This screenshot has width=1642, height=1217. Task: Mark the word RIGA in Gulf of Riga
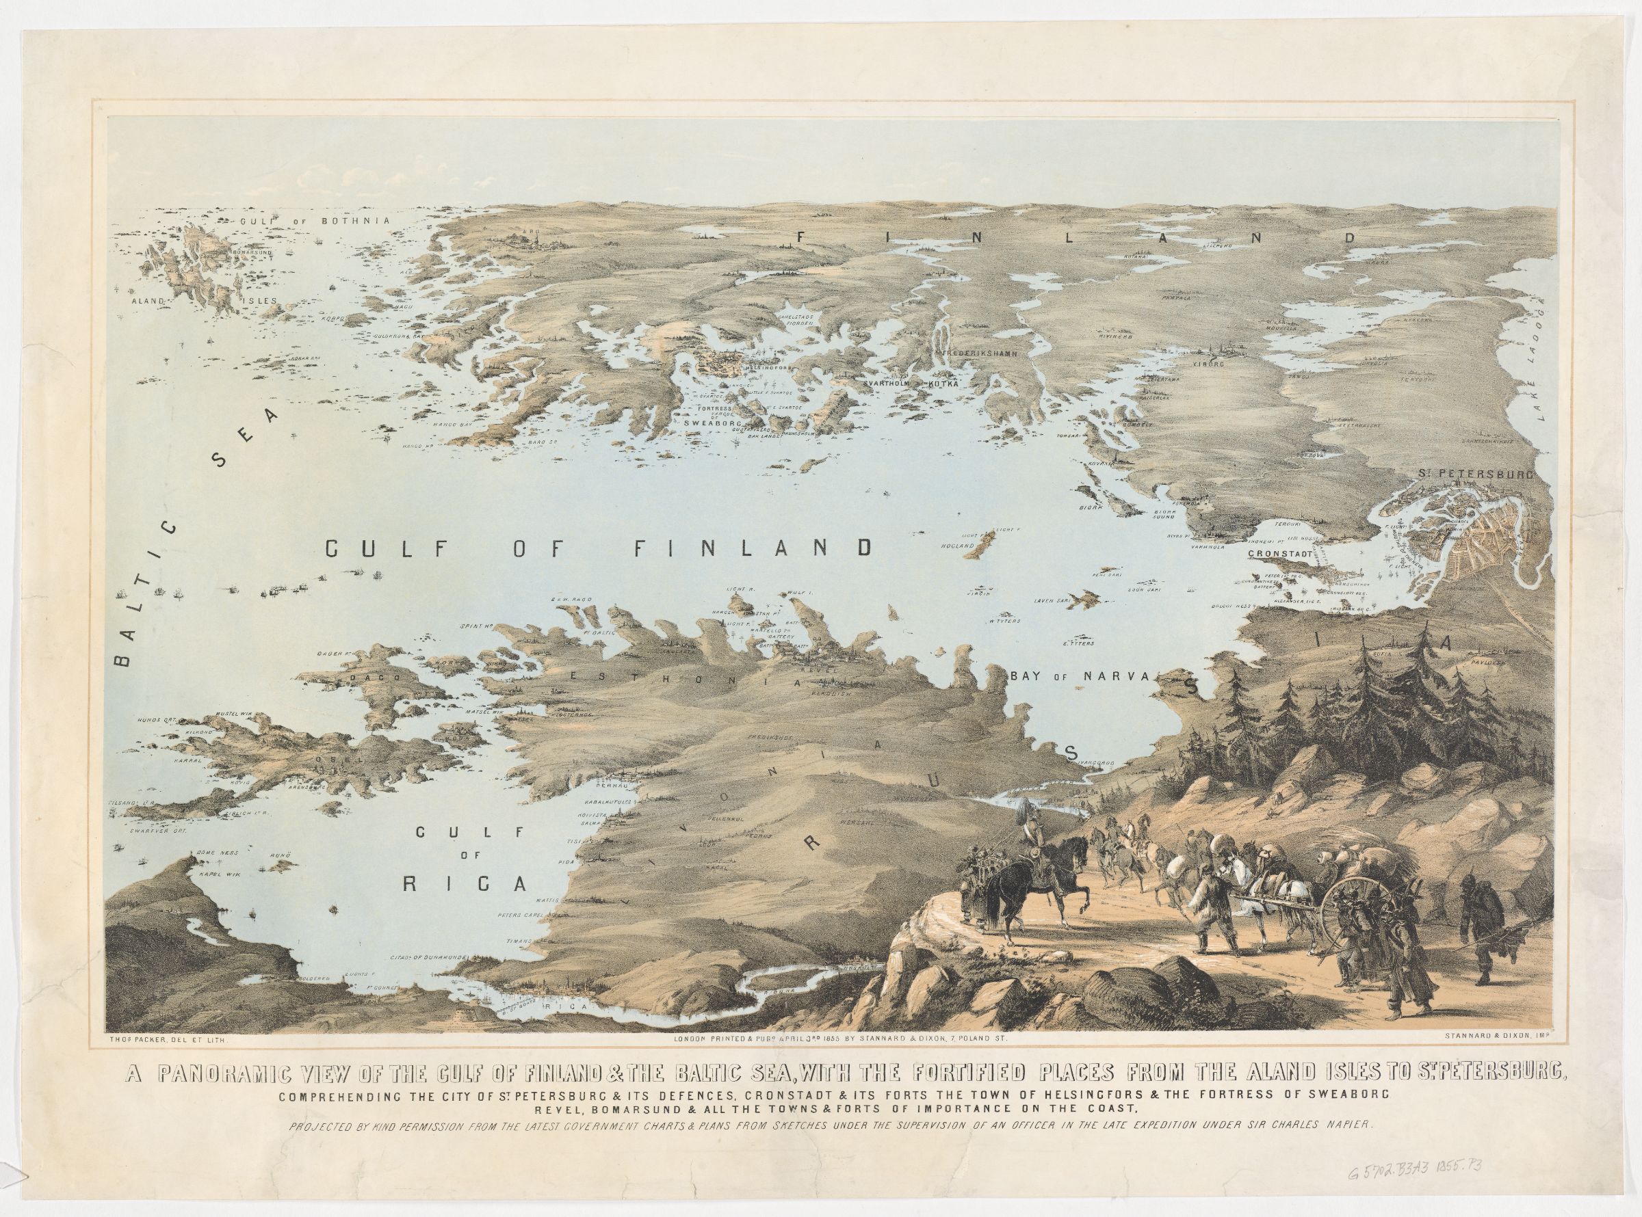coord(466,884)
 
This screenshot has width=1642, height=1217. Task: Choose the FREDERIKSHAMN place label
coord(981,353)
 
